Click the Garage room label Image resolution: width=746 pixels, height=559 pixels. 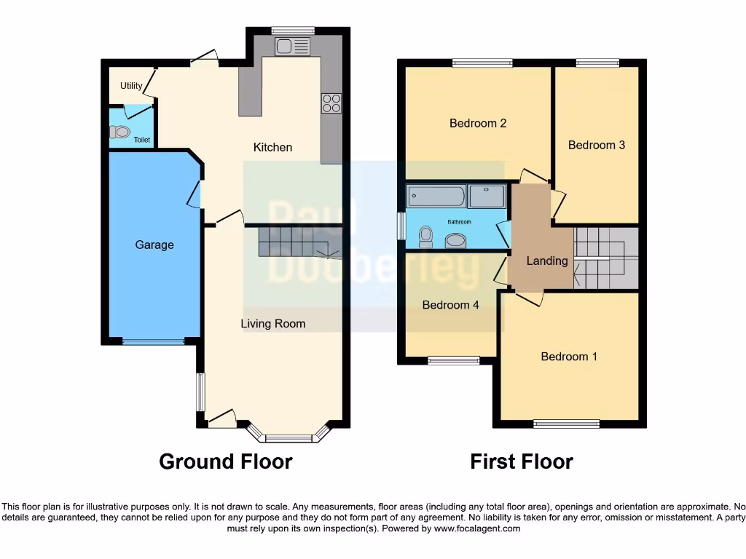[154, 245]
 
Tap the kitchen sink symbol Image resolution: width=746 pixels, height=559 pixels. [293, 47]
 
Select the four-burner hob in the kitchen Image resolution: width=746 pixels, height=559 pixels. [331, 103]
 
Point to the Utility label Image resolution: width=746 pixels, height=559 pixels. [131, 86]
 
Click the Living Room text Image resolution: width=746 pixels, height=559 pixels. [273, 324]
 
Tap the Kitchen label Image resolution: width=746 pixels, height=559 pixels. [272, 148]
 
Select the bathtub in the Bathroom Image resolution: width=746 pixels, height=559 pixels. [436, 196]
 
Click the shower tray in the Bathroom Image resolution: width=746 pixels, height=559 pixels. [487, 196]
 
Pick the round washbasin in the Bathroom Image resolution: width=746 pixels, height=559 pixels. [457, 240]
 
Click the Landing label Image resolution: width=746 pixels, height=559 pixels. [547, 261]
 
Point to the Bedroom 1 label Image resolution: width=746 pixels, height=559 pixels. [569, 357]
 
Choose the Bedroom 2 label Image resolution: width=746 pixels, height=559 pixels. [478, 123]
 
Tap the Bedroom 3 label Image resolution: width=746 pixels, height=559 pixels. [597, 145]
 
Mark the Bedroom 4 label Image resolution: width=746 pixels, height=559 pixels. [451, 305]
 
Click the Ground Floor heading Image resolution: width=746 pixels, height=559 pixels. [226, 461]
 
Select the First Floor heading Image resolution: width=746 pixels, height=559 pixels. [522, 461]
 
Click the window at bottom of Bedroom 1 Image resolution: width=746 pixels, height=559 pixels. [567, 424]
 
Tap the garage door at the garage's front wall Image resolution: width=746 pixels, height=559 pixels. [153, 341]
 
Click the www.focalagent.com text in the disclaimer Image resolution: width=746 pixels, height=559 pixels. [477, 529]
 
